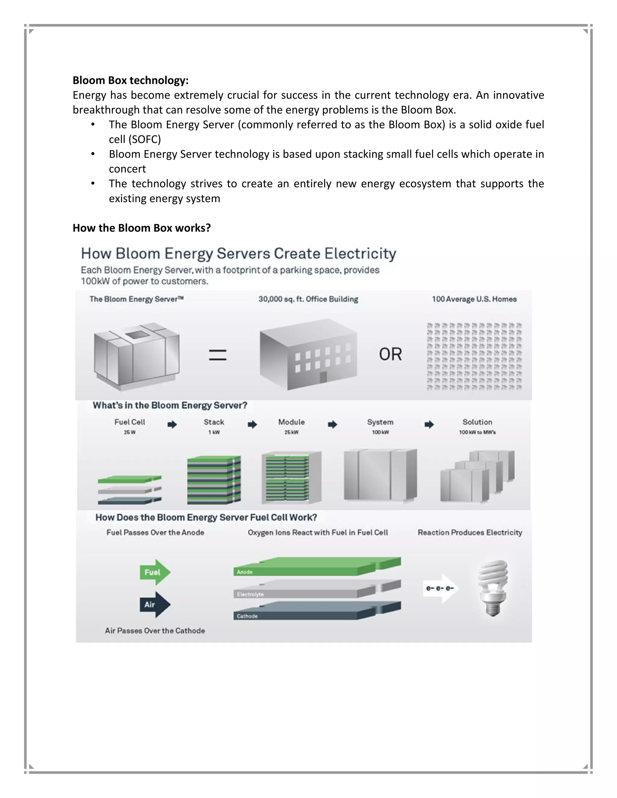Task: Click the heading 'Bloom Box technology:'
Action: [x=130, y=80]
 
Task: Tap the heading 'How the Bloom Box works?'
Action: [x=142, y=228]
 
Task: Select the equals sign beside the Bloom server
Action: [x=218, y=355]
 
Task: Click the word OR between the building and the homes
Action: [x=390, y=354]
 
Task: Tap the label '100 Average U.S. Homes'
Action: [x=474, y=299]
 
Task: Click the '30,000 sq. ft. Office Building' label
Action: [x=308, y=299]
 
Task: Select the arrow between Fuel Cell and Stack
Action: [x=172, y=424]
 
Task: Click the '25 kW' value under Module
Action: [x=291, y=432]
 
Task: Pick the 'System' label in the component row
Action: [x=380, y=422]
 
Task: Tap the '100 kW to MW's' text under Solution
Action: [x=478, y=432]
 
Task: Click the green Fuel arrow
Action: [x=155, y=572]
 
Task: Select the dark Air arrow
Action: [x=155, y=604]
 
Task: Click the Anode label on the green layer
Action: [x=245, y=572]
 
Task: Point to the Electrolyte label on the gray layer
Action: [x=250, y=594]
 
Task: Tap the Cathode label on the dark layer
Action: [x=247, y=616]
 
